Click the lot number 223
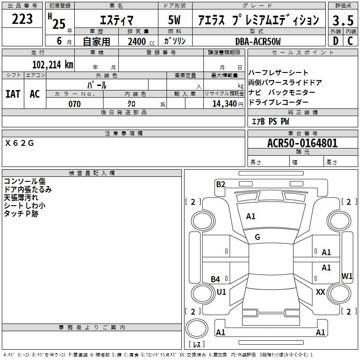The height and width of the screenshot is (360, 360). click(x=22, y=19)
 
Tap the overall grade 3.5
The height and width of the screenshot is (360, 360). click(x=343, y=20)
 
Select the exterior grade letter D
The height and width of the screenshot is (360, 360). click(x=336, y=41)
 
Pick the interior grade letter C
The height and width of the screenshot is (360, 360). click(x=350, y=41)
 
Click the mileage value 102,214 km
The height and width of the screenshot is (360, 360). click(x=53, y=65)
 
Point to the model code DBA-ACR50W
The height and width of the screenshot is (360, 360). click(x=258, y=41)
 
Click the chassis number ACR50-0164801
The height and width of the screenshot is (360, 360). click(x=302, y=143)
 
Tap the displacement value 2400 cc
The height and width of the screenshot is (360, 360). click(x=141, y=41)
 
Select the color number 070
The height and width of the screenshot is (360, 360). click(x=75, y=104)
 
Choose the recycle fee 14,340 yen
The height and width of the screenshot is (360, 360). click(x=228, y=104)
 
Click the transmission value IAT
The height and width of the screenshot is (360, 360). click(x=13, y=94)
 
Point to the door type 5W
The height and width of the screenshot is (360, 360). click(x=174, y=20)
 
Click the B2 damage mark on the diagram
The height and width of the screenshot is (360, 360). click(x=220, y=184)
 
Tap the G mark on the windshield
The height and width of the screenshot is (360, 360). click(x=257, y=237)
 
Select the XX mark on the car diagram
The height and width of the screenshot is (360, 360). click(x=320, y=292)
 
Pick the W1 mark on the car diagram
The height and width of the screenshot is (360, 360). click(x=347, y=276)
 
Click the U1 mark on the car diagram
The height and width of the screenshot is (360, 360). click(x=221, y=292)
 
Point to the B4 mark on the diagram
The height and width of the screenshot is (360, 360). click(x=216, y=279)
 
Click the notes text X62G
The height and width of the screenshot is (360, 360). click(x=19, y=143)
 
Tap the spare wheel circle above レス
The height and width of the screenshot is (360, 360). click(x=197, y=328)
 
